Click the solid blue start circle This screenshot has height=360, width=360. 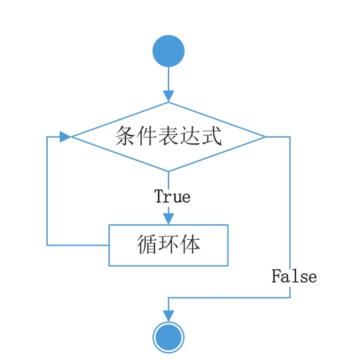169,51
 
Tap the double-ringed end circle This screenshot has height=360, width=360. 169,337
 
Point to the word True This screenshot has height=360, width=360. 173,197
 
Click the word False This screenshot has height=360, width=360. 294,276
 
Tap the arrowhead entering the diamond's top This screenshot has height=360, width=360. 169,96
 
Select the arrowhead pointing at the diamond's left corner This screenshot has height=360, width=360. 65,137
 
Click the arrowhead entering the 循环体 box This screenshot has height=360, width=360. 169,219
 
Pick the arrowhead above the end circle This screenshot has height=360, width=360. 169,316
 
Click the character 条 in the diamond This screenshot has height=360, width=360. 125,136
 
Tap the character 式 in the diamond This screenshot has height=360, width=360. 212,136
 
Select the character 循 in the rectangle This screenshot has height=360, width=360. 146,244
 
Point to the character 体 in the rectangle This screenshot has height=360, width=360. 190,244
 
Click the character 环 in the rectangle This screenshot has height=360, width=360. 169,244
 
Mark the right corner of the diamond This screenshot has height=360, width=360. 265,137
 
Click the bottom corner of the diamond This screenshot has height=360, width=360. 169,171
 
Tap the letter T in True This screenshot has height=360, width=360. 159,196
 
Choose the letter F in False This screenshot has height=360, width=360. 276,276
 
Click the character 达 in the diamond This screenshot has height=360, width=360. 190,136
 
